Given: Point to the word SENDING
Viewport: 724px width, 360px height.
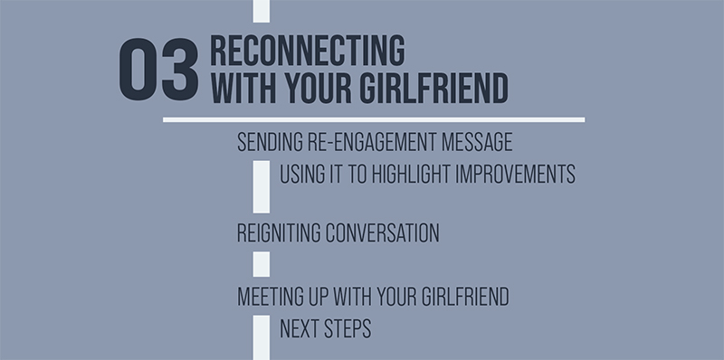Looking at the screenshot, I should [x=268, y=143].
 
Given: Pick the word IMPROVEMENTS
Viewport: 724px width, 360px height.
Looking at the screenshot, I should [x=520, y=174].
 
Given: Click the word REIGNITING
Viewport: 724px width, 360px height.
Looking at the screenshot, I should [x=278, y=232].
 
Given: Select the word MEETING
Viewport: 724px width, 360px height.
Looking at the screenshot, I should [x=270, y=296].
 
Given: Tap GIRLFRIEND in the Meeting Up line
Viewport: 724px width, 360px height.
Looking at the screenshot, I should [x=459, y=296].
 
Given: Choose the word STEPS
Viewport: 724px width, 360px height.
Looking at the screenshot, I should [x=348, y=328].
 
